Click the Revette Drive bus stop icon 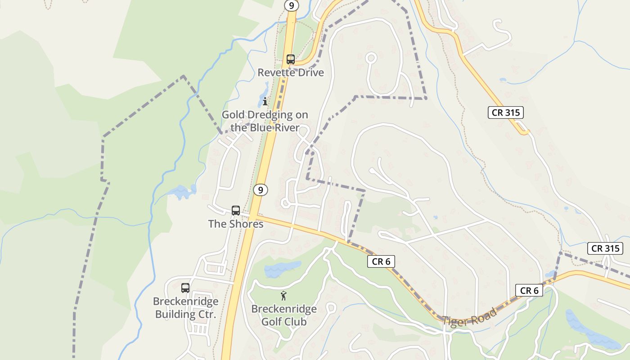pos(291,59)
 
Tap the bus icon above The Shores pos(236,210)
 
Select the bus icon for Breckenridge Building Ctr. pos(185,288)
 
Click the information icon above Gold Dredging pos(265,101)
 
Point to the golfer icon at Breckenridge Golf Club pos(283,296)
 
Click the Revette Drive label pos(291,72)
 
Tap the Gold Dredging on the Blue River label pos(265,121)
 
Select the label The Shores pos(236,224)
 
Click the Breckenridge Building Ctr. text pos(186,308)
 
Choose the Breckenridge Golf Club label pos(284,315)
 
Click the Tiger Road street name pos(469,317)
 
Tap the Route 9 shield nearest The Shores pos(261,190)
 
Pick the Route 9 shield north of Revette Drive pos(292,6)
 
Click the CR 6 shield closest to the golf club pos(381,261)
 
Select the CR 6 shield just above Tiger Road pos(529,291)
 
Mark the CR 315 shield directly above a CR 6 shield pos(605,248)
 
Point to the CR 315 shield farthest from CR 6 pos(506,112)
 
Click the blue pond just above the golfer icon pos(282,269)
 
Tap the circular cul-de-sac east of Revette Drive pos(371,58)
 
